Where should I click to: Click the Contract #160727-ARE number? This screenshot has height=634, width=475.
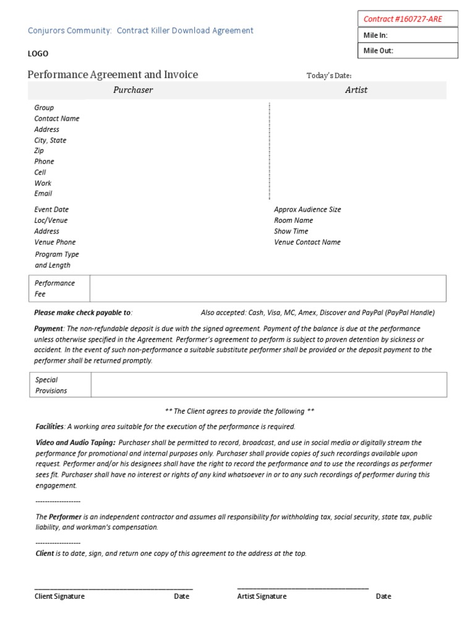coord(403,19)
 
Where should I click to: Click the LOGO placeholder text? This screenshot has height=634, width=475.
coord(38,54)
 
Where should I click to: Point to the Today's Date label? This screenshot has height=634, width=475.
coord(329,76)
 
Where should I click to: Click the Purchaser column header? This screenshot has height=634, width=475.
coord(133,90)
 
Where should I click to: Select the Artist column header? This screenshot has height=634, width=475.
coord(356,90)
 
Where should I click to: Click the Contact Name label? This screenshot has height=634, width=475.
coord(57,118)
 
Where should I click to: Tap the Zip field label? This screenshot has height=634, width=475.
coord(39,150)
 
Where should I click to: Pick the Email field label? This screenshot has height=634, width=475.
coord(43,193)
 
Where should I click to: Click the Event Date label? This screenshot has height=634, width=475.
coord(51,209)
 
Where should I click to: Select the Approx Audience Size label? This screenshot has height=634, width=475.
coord(307,209)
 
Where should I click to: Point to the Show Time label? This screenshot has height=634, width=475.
coord(291,231)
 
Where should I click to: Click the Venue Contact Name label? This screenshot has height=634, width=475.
coord(307,242)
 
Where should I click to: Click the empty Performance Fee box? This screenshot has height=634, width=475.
coord(267,289)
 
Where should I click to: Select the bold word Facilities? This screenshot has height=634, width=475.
coord(49,427)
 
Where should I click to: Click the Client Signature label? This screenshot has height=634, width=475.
coord(59,596)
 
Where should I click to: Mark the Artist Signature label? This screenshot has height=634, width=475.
coord(262,596)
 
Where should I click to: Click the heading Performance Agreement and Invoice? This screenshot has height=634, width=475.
coord(113,75)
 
